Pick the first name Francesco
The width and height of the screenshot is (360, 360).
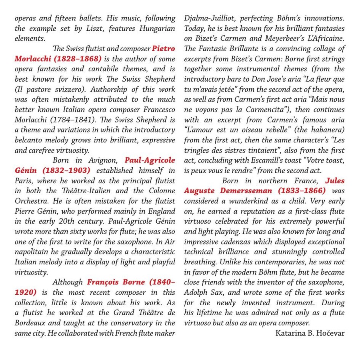click(157, 109)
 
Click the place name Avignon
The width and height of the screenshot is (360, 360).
click(104, 160)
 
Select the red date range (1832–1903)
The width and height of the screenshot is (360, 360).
click(67, 170)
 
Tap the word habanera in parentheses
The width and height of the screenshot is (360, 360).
click(322, 130)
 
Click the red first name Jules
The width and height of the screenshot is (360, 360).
click(334, 180)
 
